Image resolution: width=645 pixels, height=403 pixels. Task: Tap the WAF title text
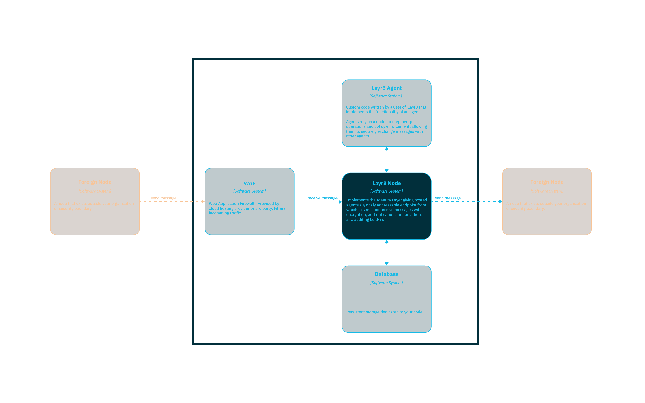pyautogui.click(x=249, y=184)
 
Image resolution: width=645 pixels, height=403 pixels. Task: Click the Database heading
pyautogui.click(x=387, y=274)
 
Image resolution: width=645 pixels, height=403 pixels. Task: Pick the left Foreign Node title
pyautogui.click(x=95, y=182)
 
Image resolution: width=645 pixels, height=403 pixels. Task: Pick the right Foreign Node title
pyautogui.click(x=547, y=182)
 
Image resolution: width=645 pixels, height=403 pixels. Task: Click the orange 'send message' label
pyautogui.click(x=163, y=198)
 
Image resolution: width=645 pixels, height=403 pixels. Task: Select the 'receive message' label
pyautogui.click(x=322, y=198)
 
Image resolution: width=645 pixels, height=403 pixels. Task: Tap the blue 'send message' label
pyautogui.click(x=447, y=198)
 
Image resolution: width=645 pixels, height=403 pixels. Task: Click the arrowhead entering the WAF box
pyautogui.click(x=203, y=201)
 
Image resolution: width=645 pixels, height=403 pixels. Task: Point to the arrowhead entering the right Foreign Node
pyautogui.click(x=500, y=201)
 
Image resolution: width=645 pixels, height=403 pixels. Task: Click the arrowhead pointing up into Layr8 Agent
pyautogui.click(x=387, y=149)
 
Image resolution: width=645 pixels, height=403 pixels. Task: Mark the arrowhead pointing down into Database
pyautogui.click(x=387, y=264)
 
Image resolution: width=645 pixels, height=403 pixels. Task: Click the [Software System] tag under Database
pyautogui.click(x=387, y=283)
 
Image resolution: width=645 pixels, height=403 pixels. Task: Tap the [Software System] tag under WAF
pyautogui.click(x=249, y=191)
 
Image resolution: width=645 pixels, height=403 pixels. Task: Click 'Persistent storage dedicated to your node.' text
pyautogui.click(x=385, y=312)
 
